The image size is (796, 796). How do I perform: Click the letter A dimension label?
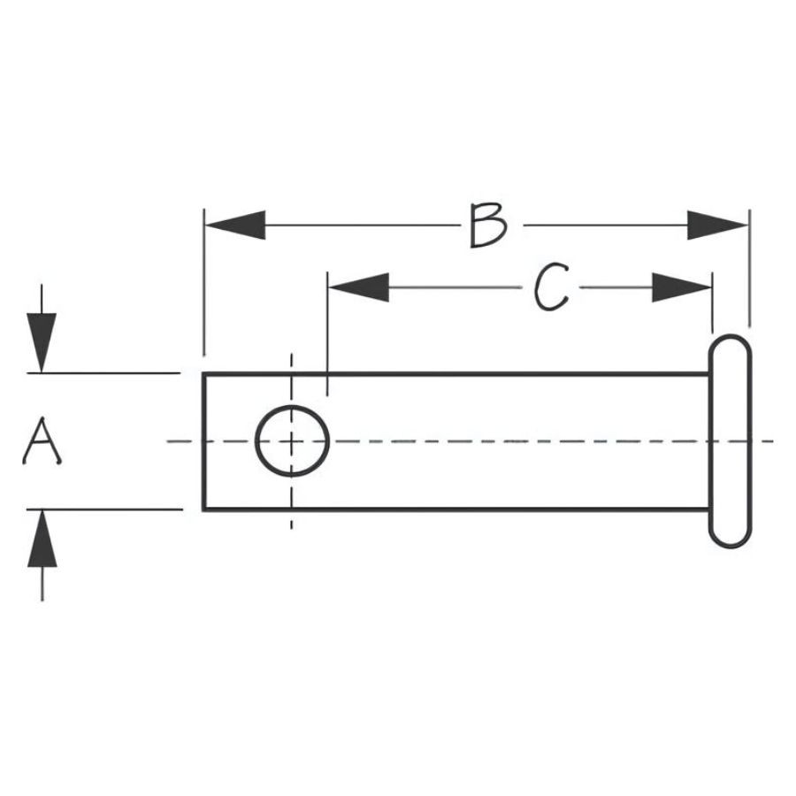(41, 443)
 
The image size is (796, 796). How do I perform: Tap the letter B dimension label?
(487, 226)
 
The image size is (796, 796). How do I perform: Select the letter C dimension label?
(551, 288)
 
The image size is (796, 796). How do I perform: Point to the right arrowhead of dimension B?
(717, 226)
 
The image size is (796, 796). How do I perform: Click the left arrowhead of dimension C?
(358, 287)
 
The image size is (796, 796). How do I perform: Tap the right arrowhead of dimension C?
(682, 287)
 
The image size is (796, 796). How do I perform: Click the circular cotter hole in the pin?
(292, 440)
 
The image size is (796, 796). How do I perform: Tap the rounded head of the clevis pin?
(730, 440)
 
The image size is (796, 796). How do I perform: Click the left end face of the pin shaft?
(204, 441)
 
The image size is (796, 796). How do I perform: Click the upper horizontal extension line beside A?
(106, 374)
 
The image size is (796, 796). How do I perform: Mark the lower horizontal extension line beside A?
(106, 509)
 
